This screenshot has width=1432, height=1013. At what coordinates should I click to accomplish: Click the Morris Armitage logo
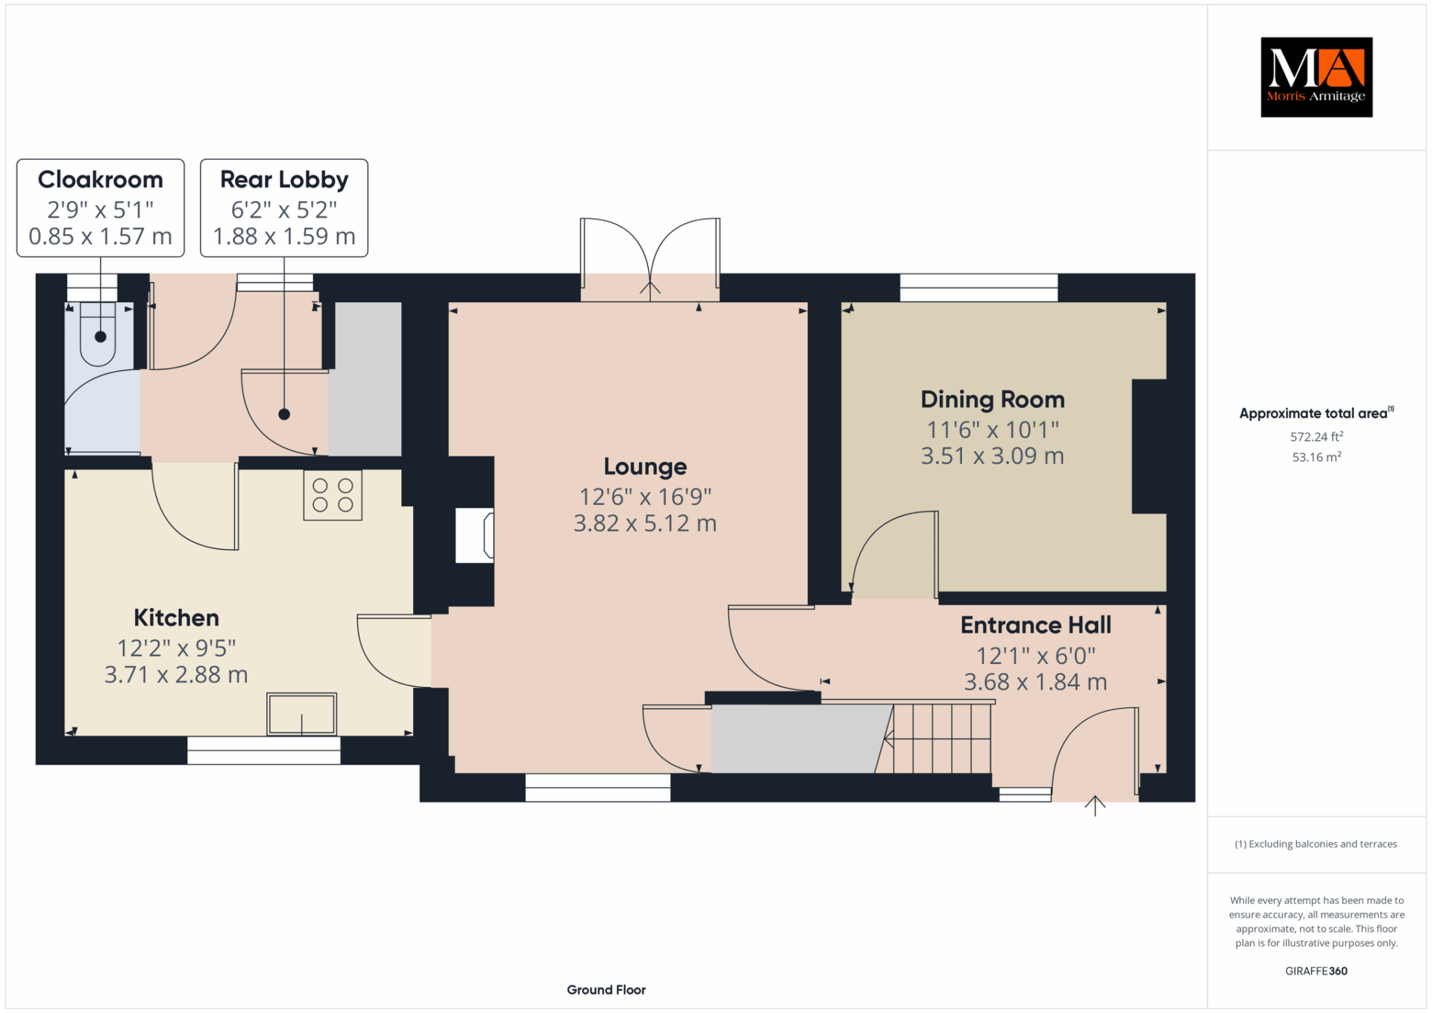tap(1316, 77)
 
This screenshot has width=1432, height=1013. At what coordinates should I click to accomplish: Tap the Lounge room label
tap(645, 467)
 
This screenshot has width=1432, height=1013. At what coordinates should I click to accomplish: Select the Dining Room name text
tap(993, 400)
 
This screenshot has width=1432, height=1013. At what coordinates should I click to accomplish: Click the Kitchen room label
tap(176, 618)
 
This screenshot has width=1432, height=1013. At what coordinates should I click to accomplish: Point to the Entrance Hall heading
tap(1036, 625)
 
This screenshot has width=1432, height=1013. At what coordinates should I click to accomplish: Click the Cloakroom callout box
tap(101, 208)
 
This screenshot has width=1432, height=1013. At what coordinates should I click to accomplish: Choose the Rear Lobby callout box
tap(284, 208)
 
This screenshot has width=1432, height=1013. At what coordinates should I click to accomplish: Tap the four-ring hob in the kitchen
tap(333, 495)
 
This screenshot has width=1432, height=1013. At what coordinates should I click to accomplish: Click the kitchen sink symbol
tap(302, 714)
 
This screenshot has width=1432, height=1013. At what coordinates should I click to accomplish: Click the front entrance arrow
tap(1095, 806)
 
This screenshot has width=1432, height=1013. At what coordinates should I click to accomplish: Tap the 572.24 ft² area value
tap(1316, 436)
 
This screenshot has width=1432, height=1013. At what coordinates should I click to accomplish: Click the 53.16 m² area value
tap(1316, 457)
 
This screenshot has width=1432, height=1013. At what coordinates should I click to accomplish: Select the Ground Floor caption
tap(606, 990)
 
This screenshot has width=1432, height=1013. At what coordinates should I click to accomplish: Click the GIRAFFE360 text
tap(1316, 971)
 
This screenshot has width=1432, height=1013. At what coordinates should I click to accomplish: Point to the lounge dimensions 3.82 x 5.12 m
tap(645, 524)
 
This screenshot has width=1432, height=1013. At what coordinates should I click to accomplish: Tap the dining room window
tap(979, 287)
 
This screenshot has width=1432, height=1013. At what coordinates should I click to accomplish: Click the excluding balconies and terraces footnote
tap(1316, 844)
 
